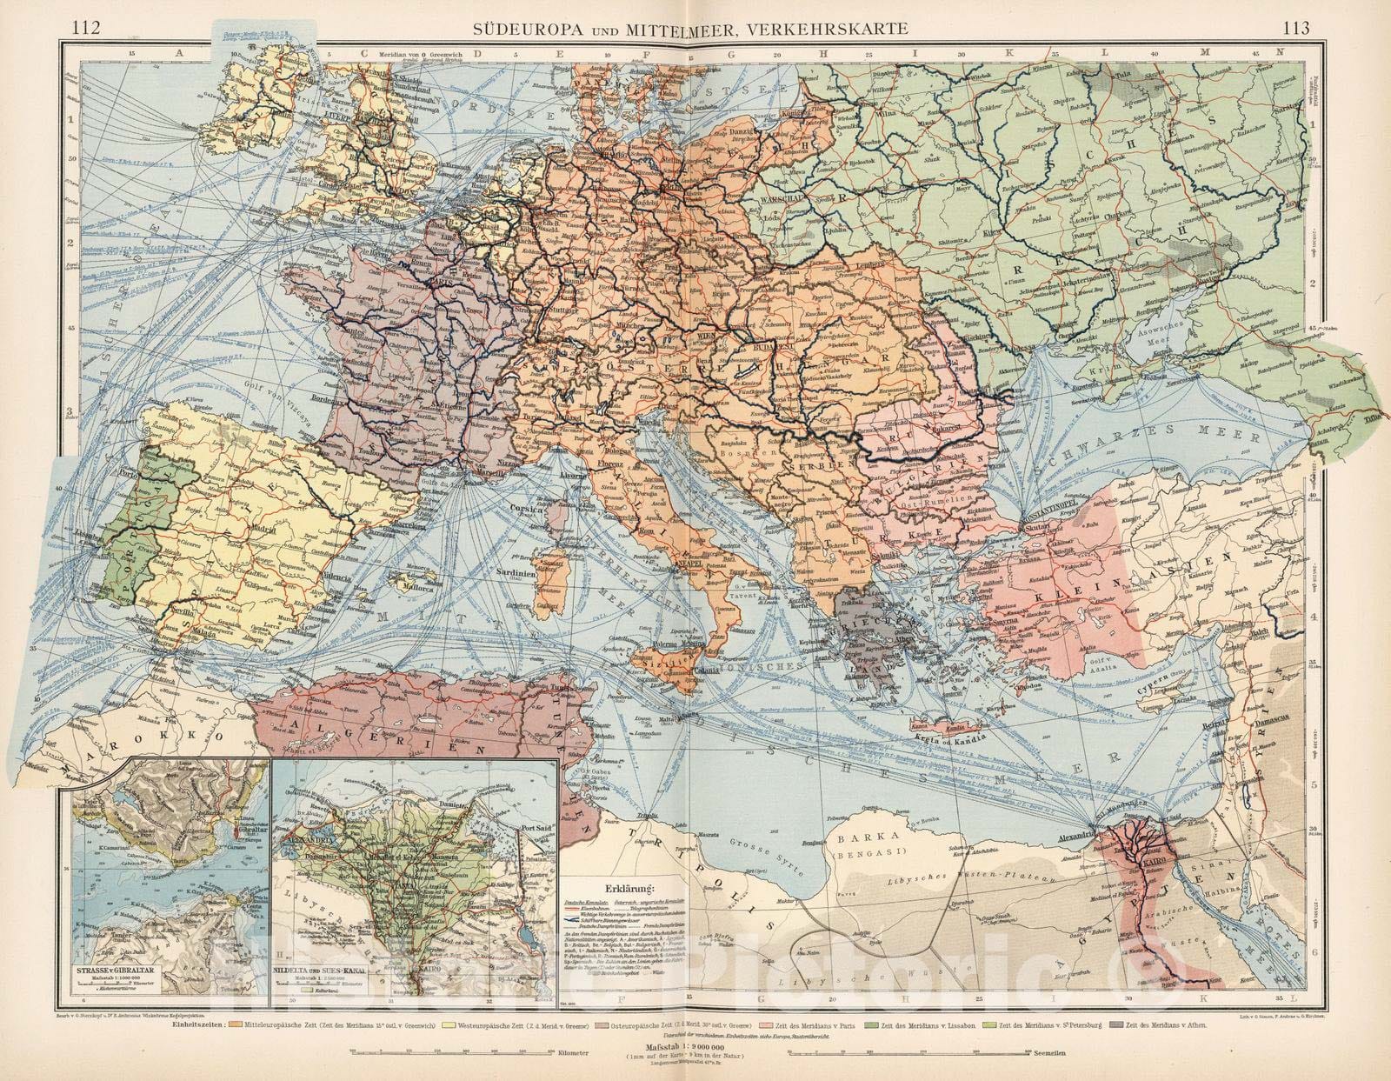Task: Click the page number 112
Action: coord(88,28)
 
